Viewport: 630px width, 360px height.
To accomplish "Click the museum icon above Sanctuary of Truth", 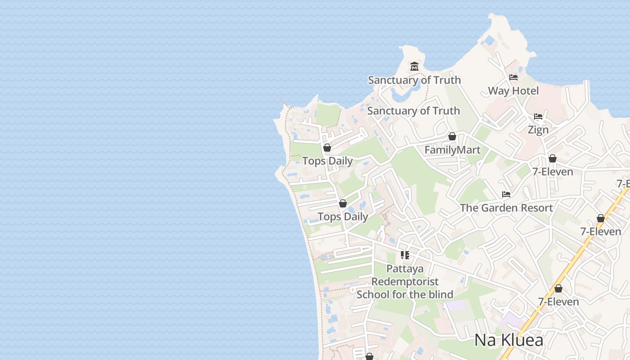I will pyautogui.click(x=414, y=67).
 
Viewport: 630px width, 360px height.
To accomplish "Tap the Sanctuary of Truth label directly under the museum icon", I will pyautogui.click(x=414, y=80).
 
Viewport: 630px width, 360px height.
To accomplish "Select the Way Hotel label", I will pyautogui.click(x=513, y=91).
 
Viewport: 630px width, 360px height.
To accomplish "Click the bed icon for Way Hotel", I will pyautogui.click(x=513, y=77).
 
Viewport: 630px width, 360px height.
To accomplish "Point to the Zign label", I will pyautogui.click(x=538, y=130).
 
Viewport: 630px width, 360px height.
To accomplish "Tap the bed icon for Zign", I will pyautogui.click(x=538, y=117).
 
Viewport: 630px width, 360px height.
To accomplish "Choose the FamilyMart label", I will pyautogui.click(x=452, y=150).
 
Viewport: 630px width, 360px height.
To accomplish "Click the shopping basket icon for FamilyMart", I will pyautogui.click(x=452, y=136).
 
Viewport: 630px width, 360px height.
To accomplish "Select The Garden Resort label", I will pyautogui.click(x=506, y=208).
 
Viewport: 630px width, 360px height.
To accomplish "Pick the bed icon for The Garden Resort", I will pyautogui.click(x=506, y=194).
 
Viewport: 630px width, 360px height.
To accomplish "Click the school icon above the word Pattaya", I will pyautogui.click(x=405, y=255).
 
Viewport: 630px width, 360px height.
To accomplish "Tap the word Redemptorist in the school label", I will pyautogui.click(x=405, y=282).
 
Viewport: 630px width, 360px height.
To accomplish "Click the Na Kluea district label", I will pyautogui.click(x=509, y=340).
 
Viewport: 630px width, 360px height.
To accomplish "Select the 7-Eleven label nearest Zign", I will pyautogui.click(x=553, y=172).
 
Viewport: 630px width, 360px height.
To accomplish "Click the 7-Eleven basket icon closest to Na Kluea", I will pyautogui.click(x=558, y=288).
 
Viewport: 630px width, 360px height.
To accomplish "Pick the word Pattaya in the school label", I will pyautogui.click(x=405, y=269).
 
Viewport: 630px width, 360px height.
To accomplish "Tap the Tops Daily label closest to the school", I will pyautogui.click(x=343, y=217).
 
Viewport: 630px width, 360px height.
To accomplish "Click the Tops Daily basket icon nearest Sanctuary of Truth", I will pyautogui.click(x=327, y=148).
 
